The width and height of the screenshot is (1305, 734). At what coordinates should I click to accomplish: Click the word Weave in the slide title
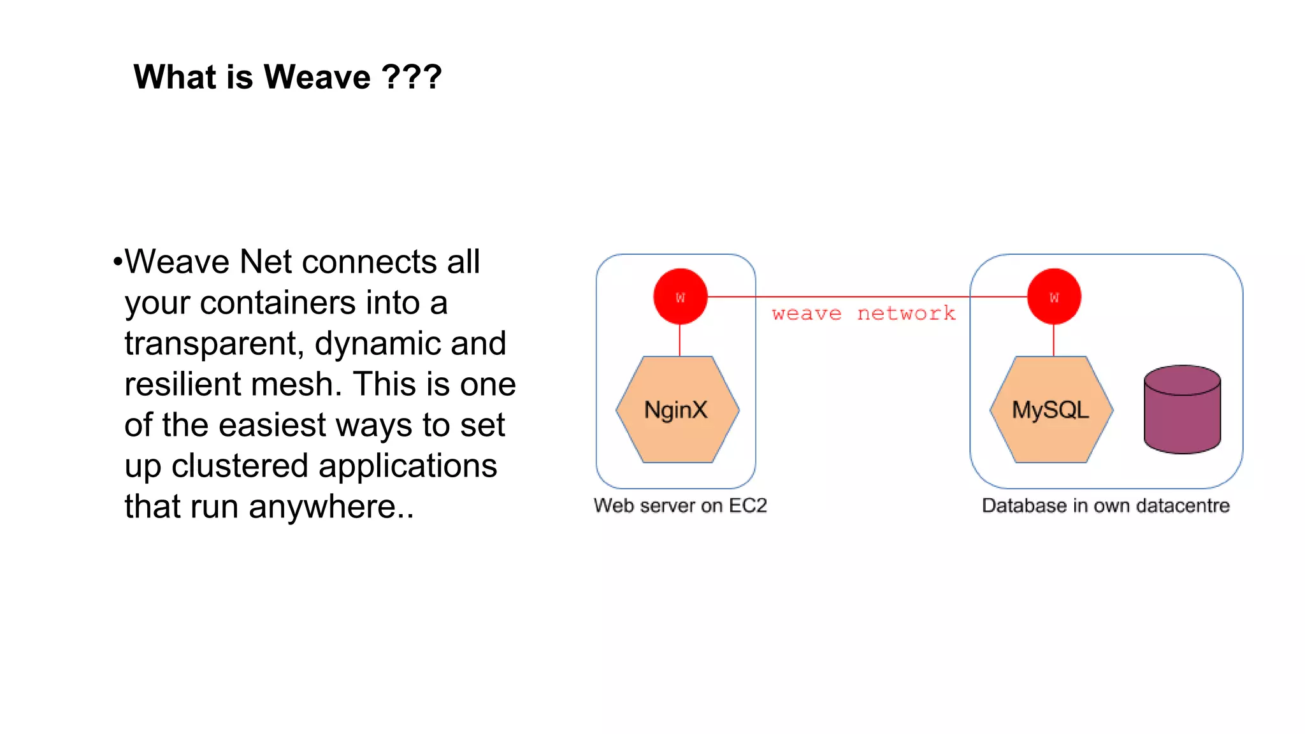(x=317, y=77)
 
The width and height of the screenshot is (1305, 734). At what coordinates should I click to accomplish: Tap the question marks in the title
(x=412, y=77)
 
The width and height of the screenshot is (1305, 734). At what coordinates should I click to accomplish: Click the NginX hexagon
(x=677, y=410)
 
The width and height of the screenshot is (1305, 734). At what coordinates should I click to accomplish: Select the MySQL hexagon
(x=1051, y=410)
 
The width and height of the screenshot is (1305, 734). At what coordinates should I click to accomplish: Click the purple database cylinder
(x=1182, y=411)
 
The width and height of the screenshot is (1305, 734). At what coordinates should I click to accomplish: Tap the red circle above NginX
(x=680, y=297)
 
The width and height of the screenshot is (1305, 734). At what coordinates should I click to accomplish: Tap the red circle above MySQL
(x=1054, y=297)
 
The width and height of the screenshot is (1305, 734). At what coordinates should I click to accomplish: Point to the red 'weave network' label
(x=863, y=313)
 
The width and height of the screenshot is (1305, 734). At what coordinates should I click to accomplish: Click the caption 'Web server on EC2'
(x=680, y=505)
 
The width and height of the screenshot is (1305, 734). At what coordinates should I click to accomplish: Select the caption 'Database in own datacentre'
(x=1106, y=505)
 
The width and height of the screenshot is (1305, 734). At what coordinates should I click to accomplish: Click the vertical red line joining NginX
(x=680, y=340)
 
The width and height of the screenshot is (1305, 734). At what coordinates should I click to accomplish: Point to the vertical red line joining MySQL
(x=1054, y=340)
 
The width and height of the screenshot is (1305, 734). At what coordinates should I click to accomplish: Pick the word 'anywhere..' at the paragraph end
(x=331, y=507)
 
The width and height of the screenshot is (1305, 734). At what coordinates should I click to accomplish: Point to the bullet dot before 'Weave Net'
(x=117, y=262)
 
